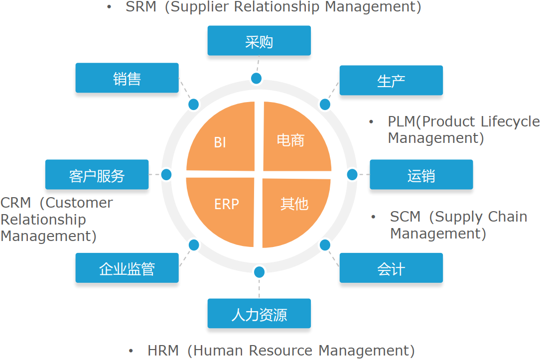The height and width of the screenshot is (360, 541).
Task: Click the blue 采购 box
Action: click(x=259, y=41)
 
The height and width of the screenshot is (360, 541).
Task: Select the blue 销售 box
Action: click(x=127, y=78)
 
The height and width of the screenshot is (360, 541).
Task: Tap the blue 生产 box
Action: click(x=391, y=81)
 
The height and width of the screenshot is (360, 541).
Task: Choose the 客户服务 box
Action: click(x=97, y=175)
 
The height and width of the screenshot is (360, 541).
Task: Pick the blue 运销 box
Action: click(x=421, y=175)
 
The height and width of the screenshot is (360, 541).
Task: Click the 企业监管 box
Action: click(x=127, y=268)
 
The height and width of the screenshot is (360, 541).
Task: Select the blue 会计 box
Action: click(x=391, y=268)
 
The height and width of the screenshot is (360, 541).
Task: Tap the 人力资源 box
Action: click(x=259, y=314)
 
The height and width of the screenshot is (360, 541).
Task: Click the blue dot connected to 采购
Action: click(x=256, y=78)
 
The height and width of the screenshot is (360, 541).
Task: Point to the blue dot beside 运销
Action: click(x=352, y=174)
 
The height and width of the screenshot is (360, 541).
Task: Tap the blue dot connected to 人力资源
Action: click(x=259, y=272)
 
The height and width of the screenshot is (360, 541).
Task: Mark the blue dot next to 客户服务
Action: click(x=166, y=175)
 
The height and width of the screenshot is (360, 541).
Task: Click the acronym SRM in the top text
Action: click(x=141, y=7)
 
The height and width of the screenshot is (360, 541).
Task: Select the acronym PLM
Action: click(x=402, y=121)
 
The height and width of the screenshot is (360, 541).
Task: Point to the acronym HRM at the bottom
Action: click(x=163, y=351)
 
